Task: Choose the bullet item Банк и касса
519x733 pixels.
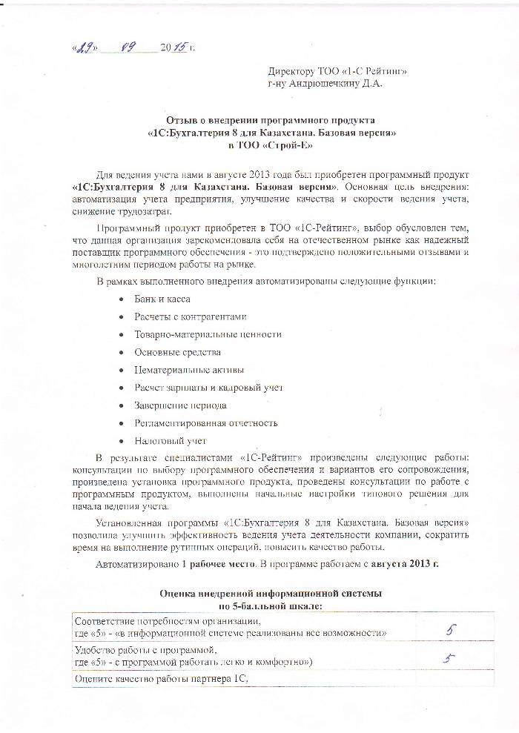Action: [x=162, y=299]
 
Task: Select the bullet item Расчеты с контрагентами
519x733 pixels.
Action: [x=189, y=316]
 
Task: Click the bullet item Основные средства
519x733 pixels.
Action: [x=177, y=352]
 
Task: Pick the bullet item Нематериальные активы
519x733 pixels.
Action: [x=189, y=370]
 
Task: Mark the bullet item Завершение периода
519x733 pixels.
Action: [x=180, y=405]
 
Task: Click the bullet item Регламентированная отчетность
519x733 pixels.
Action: [x=205, y=423]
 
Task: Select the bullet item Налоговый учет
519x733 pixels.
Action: [x=171, y=441]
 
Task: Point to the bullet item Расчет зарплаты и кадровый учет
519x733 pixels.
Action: [x=208, y=388]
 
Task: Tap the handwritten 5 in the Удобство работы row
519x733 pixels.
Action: [x=447, y=657]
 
